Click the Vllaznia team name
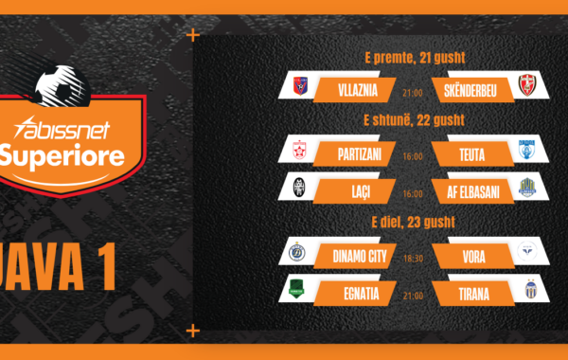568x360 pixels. click(358, 90)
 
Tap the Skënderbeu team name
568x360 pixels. click(470, 91)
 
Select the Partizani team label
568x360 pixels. click(360, 154)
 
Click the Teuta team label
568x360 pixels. click(472, 155)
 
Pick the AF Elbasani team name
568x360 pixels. click(472, 192)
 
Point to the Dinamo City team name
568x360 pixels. click(360, 257)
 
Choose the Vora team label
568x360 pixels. click(474, 257)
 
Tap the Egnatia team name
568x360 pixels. click(362, 294)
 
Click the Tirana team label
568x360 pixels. click(474, 294)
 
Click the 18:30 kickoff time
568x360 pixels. click(413, 258)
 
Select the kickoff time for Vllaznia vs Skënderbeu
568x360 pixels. click(413, 93)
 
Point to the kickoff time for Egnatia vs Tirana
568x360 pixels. click(413, 296)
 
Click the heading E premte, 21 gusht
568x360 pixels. click(415, 58)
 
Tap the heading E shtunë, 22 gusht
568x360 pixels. click(414, 120)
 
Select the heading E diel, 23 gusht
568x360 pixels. click(414, 222)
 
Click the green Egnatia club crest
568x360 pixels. click(296, 289)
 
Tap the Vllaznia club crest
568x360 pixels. click(300, 86)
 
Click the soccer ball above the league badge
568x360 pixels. click(62, 86)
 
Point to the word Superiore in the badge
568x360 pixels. click(62, 155)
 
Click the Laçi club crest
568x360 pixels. click(299, 187)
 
